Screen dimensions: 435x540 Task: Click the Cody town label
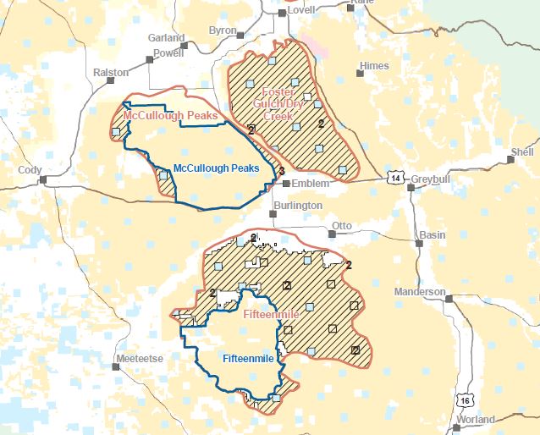click(30, 170)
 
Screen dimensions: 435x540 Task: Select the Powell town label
click(168, 52)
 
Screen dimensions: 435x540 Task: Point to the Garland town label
click(166, 38)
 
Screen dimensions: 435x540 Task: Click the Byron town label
click(223, 30)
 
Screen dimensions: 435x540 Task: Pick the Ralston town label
click(112, 73)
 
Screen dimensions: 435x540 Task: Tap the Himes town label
click(374, 66)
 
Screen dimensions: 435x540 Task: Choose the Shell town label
click(522, 152)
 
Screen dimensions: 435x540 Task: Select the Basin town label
click(433, 234)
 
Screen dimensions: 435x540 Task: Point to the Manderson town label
click(420, 292)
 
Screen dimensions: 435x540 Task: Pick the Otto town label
click(341, 226)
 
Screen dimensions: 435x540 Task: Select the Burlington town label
click(298, 206)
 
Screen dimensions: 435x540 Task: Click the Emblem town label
click(311, 182)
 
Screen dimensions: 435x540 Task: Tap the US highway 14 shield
click(394, 178)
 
